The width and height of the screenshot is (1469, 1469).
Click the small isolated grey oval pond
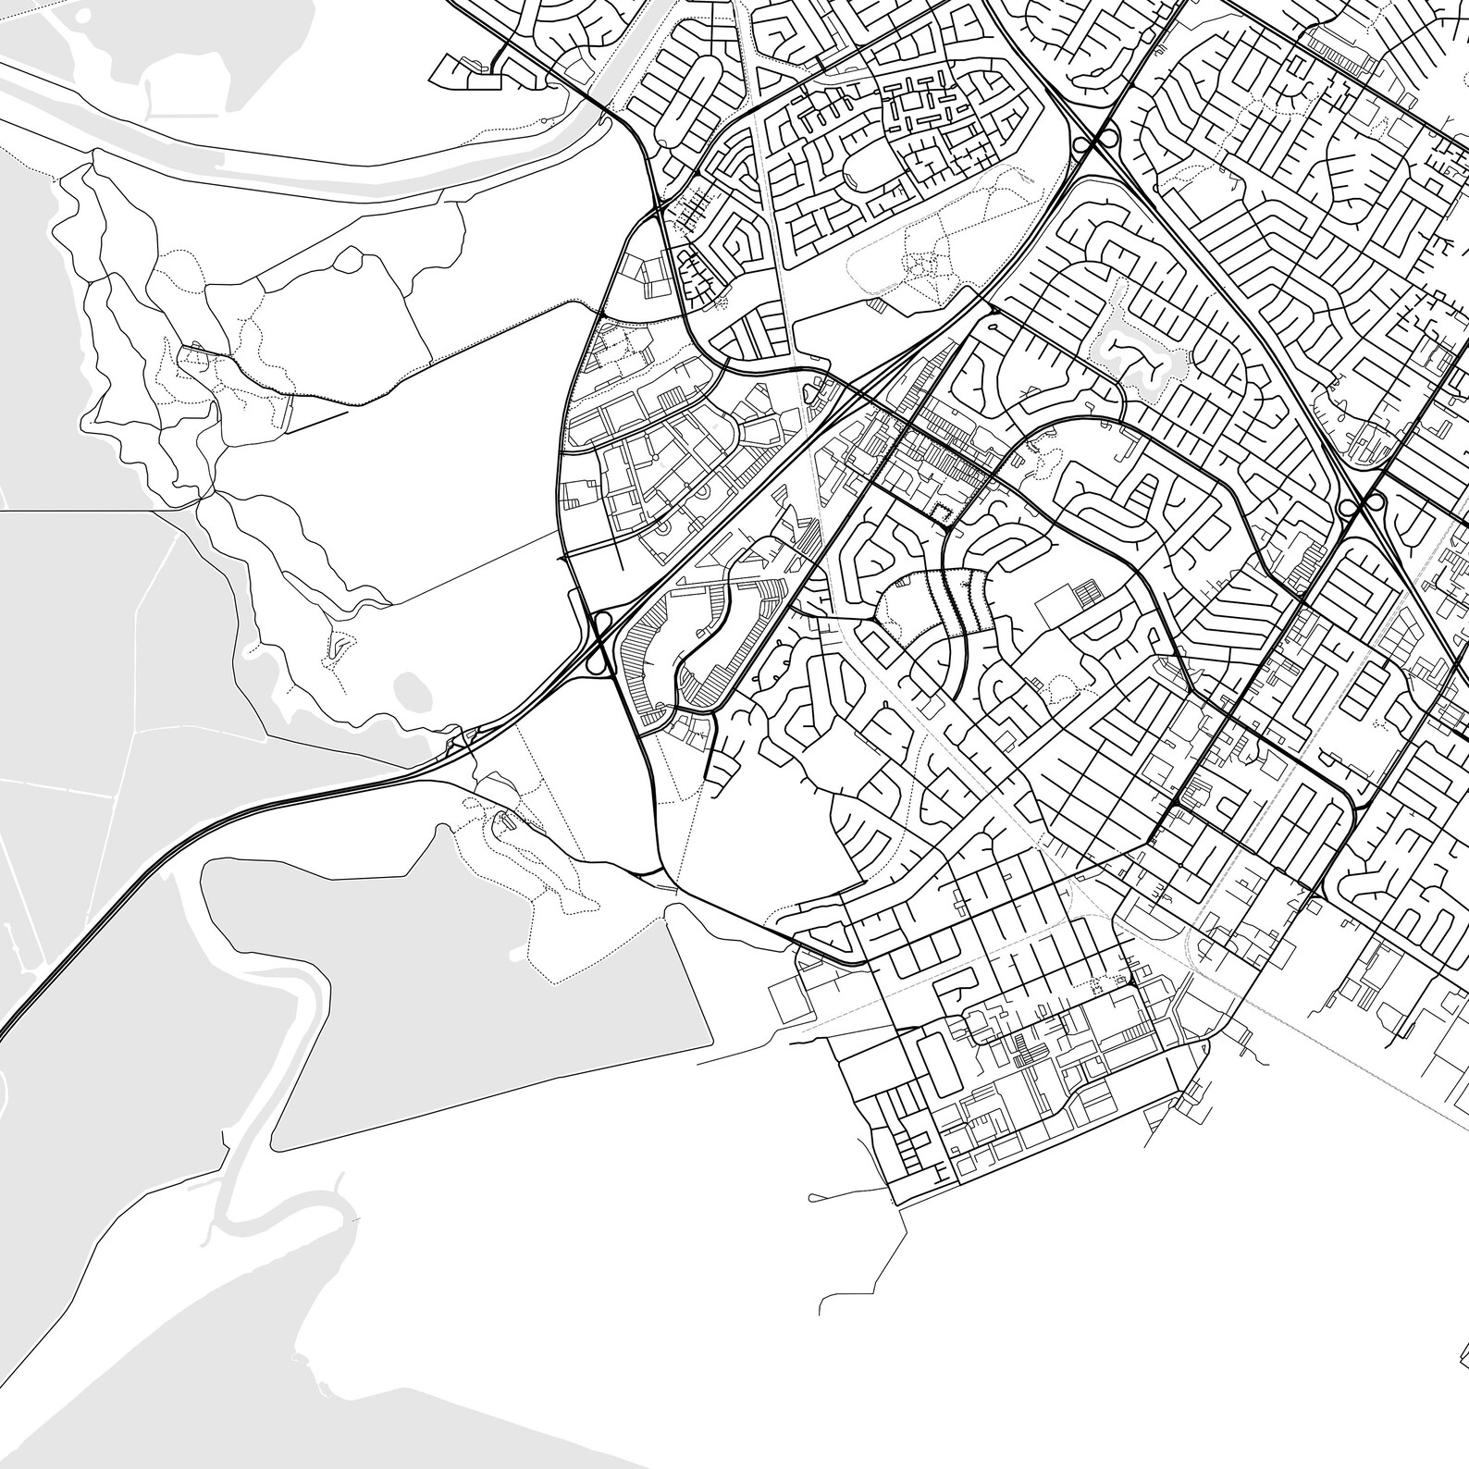tap(411, 688)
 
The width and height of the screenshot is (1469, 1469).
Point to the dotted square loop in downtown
tap(942, 514)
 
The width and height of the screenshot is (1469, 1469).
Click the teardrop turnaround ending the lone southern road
tap(813, 1198)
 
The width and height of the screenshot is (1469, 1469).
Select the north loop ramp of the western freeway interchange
tap(602, 621)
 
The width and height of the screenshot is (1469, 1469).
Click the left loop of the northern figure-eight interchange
tap(1080, 144)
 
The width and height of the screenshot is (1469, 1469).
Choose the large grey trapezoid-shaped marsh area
tap(463, 999)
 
